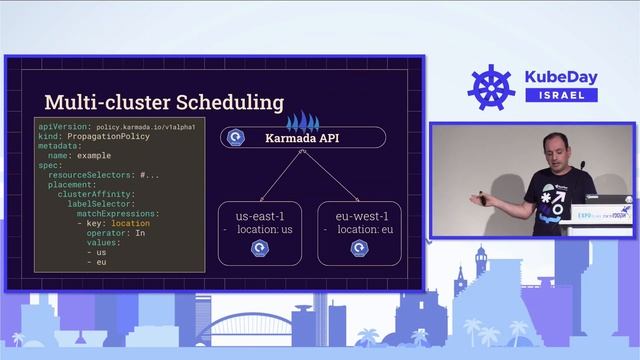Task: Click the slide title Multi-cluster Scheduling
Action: tap(163, 102)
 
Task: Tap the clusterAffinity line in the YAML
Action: tap(94, 194)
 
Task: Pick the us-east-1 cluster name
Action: tap(259, 215)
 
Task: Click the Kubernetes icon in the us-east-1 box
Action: tap(259, 248)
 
